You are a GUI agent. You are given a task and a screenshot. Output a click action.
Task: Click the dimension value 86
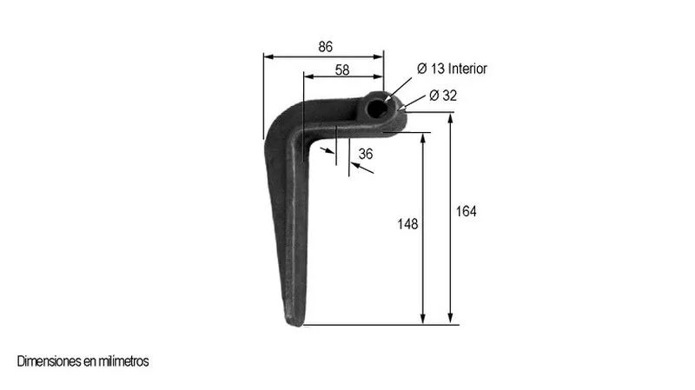[325, 47]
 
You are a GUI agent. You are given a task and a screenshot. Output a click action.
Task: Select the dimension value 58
[342, 69]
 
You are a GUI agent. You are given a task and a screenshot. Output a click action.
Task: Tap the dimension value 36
[366, 154]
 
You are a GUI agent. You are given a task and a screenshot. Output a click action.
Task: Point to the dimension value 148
[407, 224]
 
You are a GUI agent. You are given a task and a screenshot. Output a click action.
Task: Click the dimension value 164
[467, 211]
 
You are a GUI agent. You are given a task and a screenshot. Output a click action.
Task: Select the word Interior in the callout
[467, 69]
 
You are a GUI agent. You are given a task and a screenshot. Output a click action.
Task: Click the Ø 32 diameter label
[443, 96]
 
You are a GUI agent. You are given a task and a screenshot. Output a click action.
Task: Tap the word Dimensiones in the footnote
[50, 361]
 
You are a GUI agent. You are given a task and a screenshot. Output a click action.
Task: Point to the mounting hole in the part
[378, 109]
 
